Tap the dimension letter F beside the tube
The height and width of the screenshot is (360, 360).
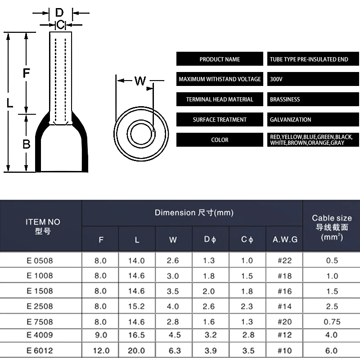(27, 72)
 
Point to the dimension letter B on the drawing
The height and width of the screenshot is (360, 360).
(27, 144)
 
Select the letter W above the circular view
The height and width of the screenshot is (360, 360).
(140, 81)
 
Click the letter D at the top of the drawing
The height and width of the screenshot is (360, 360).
(59, 13)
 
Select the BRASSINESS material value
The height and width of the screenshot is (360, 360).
(285, 99)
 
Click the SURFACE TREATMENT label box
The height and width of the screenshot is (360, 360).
(220, 120)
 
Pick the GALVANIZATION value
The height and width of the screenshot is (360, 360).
(290, 120)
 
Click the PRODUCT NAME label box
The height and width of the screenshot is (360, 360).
(220, 59)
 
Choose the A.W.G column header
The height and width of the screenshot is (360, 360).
(285, 239)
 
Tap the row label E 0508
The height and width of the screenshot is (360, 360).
(40, 261)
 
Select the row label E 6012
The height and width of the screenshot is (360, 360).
(40, 351)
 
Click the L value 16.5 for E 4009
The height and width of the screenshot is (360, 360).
(137, 335)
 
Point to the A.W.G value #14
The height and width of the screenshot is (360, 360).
(285, 306)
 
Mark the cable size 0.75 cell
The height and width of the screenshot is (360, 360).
(332, 322)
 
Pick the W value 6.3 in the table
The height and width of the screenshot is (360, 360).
(174, 351)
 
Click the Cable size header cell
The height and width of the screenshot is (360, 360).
(332, 226)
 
